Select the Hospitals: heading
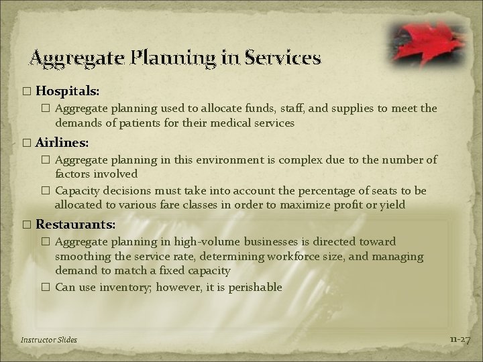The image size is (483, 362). pyautogui.click(x=67, y=89)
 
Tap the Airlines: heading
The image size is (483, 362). pyautogui.click(x=62, y=143)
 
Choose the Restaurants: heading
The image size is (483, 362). pyautogui.click(x=75, y=223)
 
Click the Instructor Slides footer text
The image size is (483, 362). pyautogui.click(x=49, y=340)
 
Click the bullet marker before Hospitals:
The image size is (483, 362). pyautogui.click(x=26, y=90)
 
